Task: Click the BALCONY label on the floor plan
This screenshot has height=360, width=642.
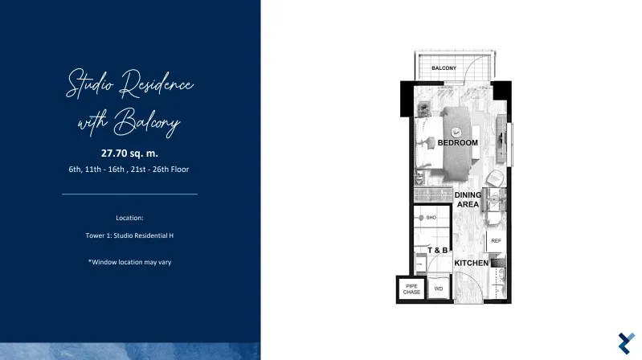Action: click(x=444, y=68)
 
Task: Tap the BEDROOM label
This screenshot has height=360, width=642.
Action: click(x=458, y=142)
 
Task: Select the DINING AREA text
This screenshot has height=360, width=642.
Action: click(x=468, y=199)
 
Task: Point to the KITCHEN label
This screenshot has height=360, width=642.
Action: click(x=472, y=263)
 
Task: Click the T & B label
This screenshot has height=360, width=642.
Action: click(x=438, y=250)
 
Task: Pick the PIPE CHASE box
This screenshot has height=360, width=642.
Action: click(x=411, y=289)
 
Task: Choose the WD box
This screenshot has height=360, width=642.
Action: click(x=439, y=288)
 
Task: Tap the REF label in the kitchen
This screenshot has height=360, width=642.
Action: click(x=497, y=241)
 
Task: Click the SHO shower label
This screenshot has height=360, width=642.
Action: click(x=431, y=218)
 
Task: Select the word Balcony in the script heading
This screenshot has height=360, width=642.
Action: click(x=147, y=122)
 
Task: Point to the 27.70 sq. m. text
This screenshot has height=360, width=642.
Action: click(x=129, y=153)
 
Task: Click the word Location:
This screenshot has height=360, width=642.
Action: click(x=129, y=218)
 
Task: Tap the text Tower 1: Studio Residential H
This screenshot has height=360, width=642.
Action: click(x=129, y=235)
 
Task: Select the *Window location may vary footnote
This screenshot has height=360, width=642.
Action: click(x=129, y=262)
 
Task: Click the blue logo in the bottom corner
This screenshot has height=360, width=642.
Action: click(x=627, y=343)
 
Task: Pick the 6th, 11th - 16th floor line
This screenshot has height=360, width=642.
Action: click(x=129, y=169)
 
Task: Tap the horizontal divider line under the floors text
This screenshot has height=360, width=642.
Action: click(x=130, y=194)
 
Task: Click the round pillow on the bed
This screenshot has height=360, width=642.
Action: click(x=456, y=133)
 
